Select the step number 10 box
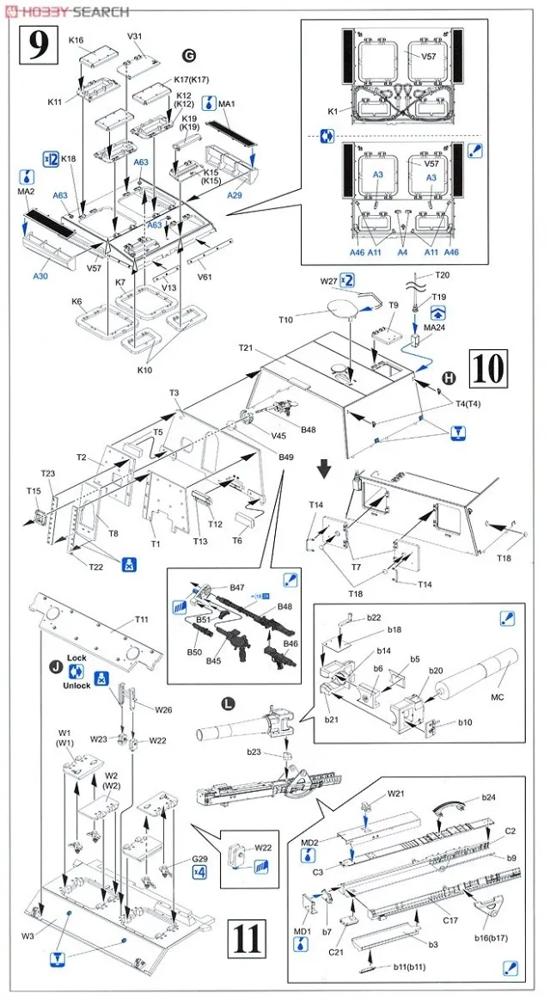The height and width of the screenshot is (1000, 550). pos(489,369)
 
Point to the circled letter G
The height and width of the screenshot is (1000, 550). pos(189,54)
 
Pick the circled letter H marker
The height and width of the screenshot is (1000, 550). pos(448,379)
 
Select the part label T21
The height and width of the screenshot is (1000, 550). pos(248,347)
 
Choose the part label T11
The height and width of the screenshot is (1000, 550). pos(142,619)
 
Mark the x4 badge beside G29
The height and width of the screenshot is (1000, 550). pos(200,871)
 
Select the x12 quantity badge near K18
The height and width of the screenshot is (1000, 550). pos(51,158)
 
